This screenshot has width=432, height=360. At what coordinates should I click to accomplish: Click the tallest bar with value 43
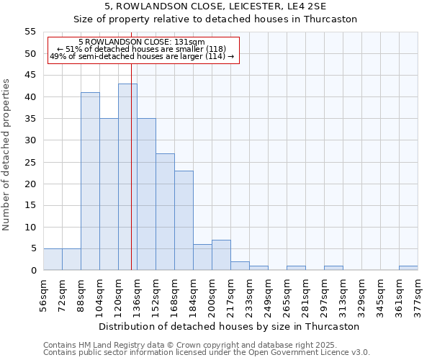pyautogui.click(x=127, y=177)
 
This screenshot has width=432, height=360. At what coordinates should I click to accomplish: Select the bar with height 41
pyautogui.click(x=90, y=181)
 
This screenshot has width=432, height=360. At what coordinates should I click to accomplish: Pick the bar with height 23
pyautogui.click(x=184, y=220)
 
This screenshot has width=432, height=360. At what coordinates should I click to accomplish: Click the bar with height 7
pyautogui.click(x=221, y=255)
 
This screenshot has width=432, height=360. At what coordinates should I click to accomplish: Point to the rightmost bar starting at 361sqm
pyautogui.click(x=408, y=268)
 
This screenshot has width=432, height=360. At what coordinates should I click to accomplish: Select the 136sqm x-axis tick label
pyautogui.click(x=138, y=296)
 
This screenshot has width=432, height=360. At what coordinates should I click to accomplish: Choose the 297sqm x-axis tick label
pyautogui.click(x=325, y=296)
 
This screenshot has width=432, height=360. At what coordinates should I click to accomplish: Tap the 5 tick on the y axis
pyautogui.click(x=33, y=248)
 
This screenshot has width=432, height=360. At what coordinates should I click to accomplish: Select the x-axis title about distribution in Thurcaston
pyautogui.click(x=230, y=326)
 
